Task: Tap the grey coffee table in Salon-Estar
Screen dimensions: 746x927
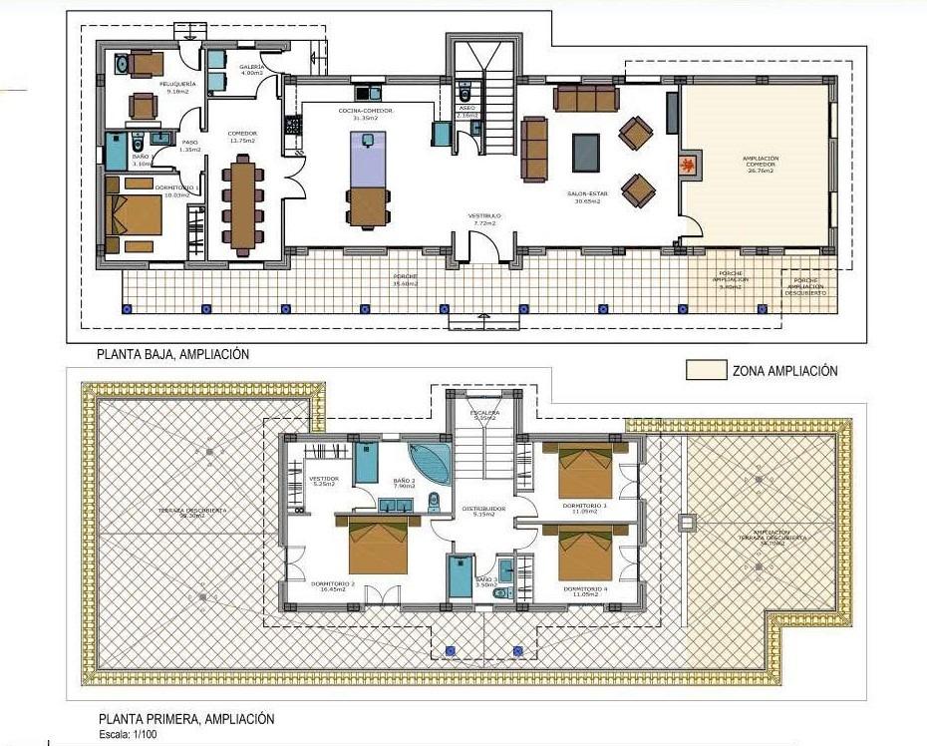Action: [586, 153]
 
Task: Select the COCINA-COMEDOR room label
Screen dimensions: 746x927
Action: [365, 110]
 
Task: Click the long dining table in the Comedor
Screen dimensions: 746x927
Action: [243, 203]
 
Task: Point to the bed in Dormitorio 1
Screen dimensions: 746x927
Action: [135, 214]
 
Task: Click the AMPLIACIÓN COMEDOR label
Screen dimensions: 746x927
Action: [760, 162]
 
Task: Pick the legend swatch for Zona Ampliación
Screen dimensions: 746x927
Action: [705, 370]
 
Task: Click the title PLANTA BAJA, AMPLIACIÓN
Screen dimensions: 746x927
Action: [172, 354]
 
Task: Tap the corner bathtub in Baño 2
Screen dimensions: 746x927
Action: [430, 465]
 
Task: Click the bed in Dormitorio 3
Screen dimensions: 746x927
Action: [584, 471]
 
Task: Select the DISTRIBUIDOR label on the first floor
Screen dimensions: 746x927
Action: [483, 509]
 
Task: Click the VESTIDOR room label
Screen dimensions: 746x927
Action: [324, 479]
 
